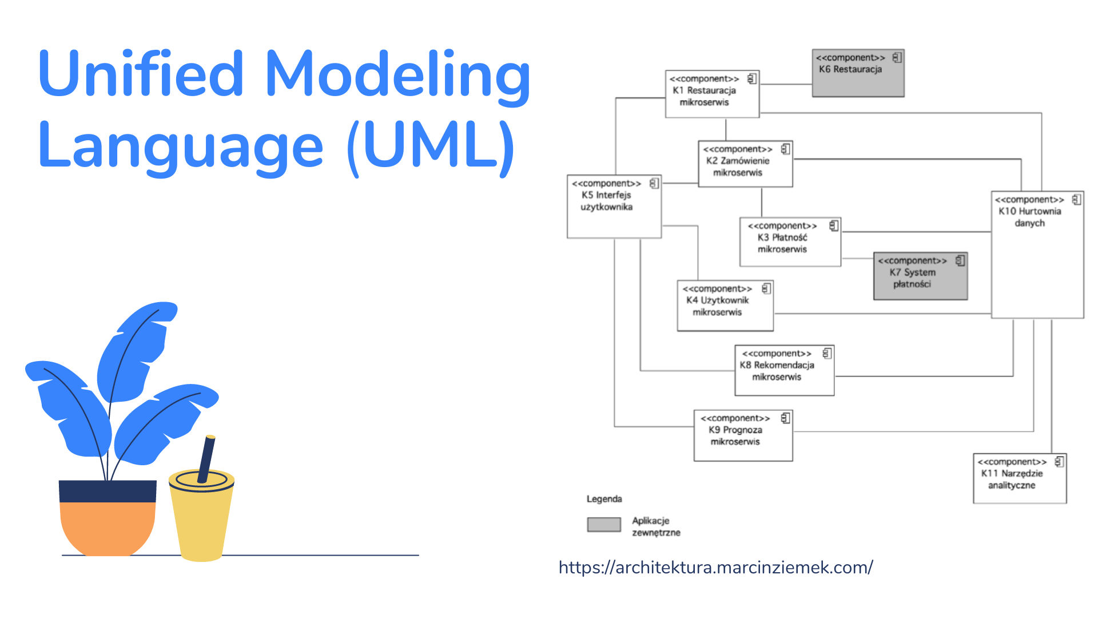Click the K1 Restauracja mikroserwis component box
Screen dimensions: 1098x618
click(x=712, y=94)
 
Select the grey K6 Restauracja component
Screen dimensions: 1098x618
click(x=858, y=73)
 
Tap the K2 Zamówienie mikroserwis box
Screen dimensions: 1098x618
click(x=745, y=164)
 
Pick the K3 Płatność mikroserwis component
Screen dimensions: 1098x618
click(x=790, y=242)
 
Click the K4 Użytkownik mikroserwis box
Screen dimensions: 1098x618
click(x=725, y=306)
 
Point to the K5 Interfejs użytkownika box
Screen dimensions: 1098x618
click(x=614, y=207)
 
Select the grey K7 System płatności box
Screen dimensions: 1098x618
click(x=920, y=276)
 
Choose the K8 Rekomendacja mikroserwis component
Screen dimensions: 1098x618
click(x=784, y=370)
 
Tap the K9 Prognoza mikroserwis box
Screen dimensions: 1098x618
click(x=743, y=435)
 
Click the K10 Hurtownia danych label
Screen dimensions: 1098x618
click(x=1029, y=217)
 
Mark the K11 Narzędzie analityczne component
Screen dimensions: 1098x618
click(x=1020, y=478)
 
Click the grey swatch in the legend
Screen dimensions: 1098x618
click(x=604, y=525)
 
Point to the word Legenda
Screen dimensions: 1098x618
click(x=604, y=499)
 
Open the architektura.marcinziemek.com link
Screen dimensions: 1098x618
click(x=715, y=567)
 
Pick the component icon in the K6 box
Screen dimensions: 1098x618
click(x=897, y=57)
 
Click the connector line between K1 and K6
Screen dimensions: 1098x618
click(x=786, y=85)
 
